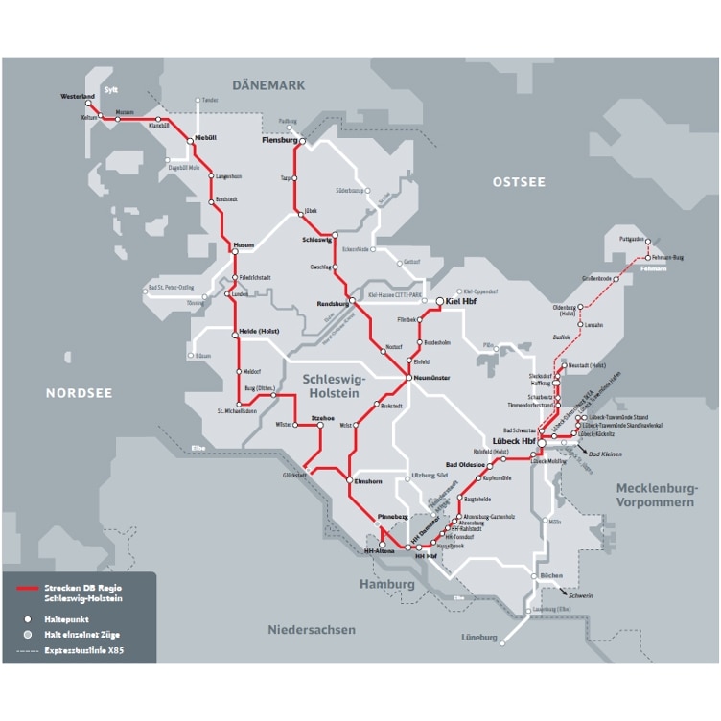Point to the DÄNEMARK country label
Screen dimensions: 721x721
(x=268, y=85)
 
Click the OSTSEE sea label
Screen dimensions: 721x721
(x=518, y=181)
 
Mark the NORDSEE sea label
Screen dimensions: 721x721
(x=79, y=392)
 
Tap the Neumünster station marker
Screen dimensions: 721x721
(x=407, y=378)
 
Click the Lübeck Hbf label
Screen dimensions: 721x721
(x=511, y=442)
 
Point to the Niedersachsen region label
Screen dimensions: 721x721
(x=311, y=630)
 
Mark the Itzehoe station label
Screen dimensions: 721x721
(x=326, y=418)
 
